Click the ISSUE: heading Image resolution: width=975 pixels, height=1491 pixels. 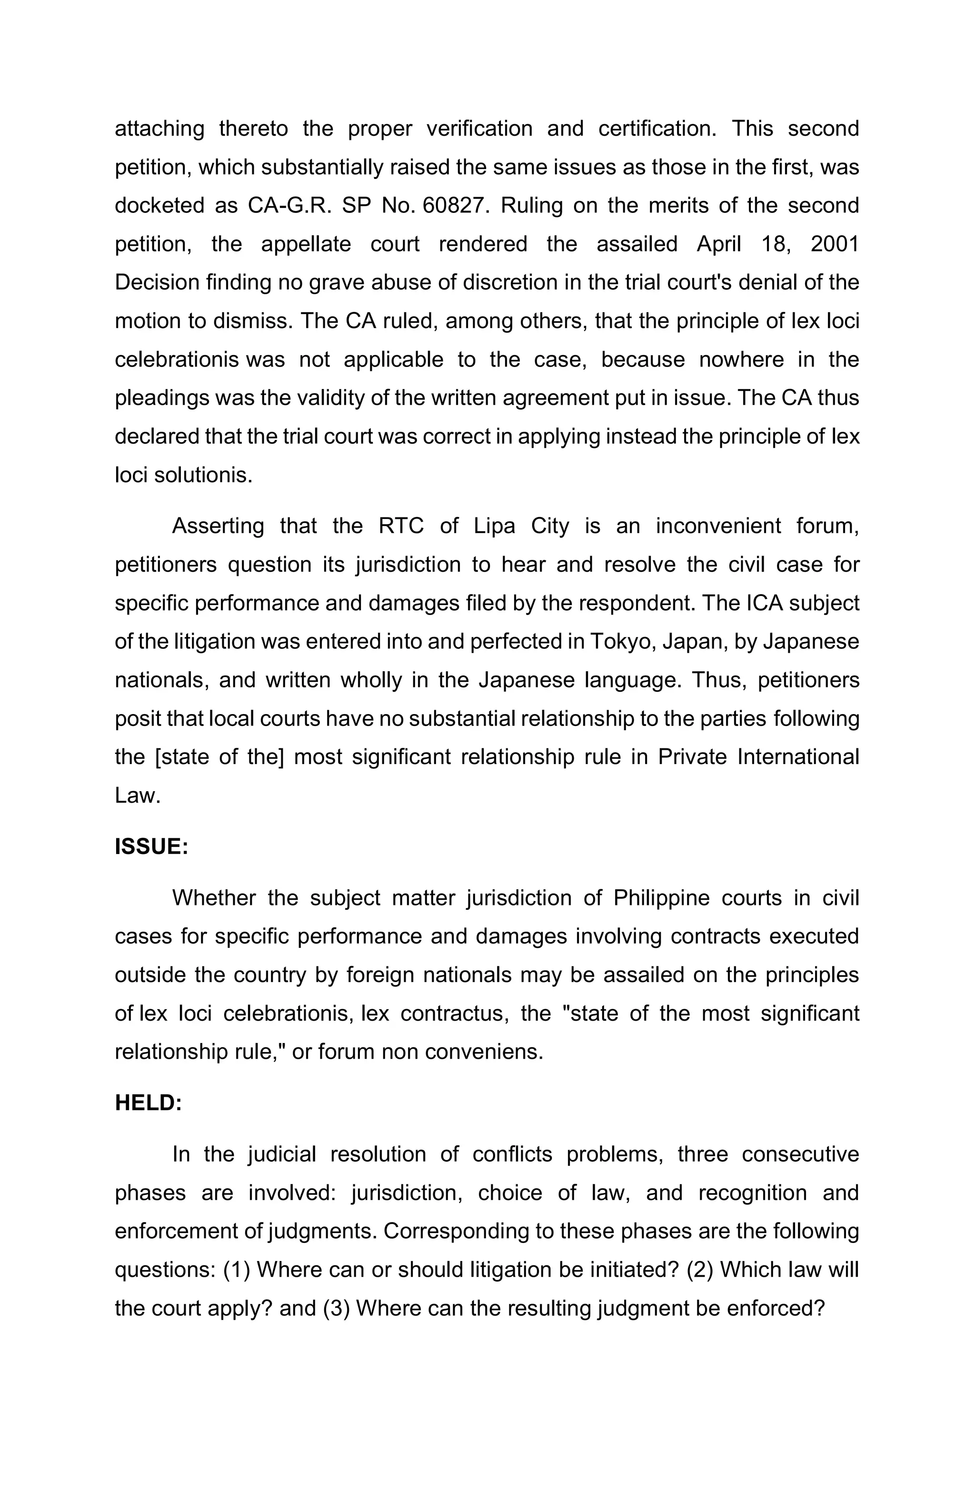[151, 846]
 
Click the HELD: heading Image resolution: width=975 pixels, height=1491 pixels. [148, 1103]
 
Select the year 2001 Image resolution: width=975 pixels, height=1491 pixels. [834, 244]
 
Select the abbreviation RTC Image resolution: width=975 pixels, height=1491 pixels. [401, 526]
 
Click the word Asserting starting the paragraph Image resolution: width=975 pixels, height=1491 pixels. [218, 526]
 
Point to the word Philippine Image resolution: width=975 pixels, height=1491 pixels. [660, 898]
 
